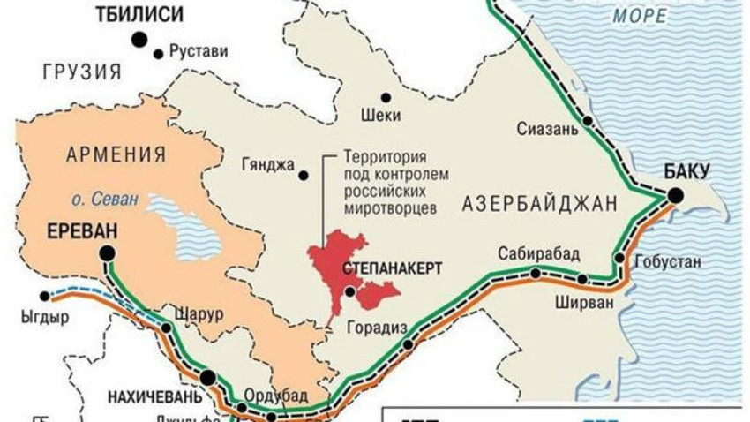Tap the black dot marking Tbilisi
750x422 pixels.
[x=139, y=39]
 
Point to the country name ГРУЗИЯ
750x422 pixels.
[x=80, y=72]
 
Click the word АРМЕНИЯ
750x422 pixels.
[x=116, y=154]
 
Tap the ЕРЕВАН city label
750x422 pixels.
[x=80, y=232]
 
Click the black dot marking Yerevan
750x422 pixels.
[x=108, y=254]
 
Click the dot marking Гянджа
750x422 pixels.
[x=304, y=176]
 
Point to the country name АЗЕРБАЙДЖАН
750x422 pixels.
[x=537, y=205]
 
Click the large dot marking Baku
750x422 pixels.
[x=676, y=195]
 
